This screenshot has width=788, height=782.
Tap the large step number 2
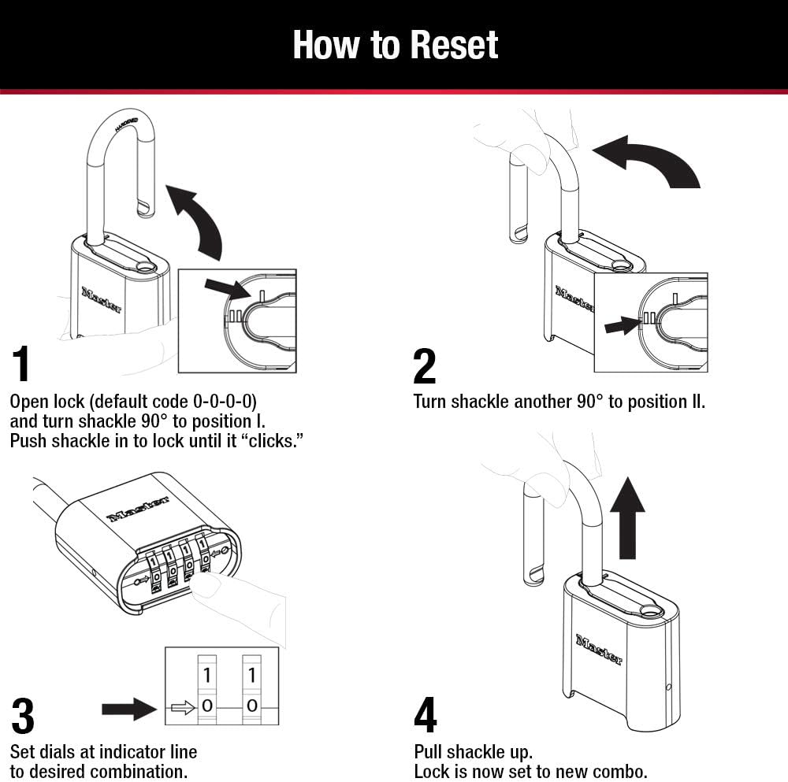tap(424, 366)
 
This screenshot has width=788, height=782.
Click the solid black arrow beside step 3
tap(129, 708)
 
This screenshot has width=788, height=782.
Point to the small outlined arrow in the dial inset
tap(182, 707)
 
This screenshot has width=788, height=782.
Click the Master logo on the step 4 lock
tap(599, 649)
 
